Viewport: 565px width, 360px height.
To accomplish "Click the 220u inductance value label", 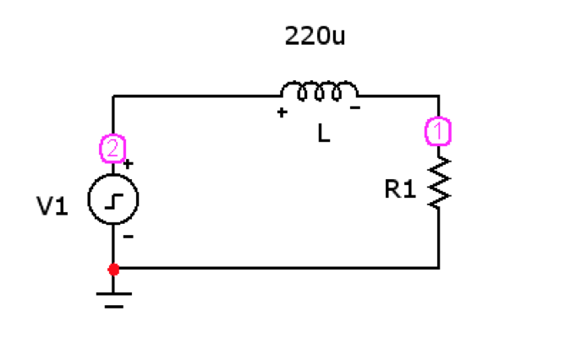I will [316, 37].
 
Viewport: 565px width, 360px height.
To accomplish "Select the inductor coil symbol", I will [319, 90].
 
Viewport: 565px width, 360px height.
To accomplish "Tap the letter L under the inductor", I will [324, 134].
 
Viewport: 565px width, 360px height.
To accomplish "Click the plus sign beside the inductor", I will [282, 112].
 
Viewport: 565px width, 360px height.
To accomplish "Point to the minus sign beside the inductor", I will [356, 109].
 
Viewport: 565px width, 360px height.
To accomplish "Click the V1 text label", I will [52, 206].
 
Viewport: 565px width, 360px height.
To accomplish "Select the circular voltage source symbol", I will [113, 201].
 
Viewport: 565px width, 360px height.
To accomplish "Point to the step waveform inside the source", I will [114, 201].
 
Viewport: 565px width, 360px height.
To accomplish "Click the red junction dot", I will [113, 269].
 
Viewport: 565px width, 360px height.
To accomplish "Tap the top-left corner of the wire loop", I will [113, 96].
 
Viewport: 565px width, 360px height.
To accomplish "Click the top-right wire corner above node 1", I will [439, 96].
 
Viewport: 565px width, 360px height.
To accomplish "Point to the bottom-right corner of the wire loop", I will [439, 268].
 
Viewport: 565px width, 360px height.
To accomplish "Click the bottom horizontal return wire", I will [279, 268].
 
